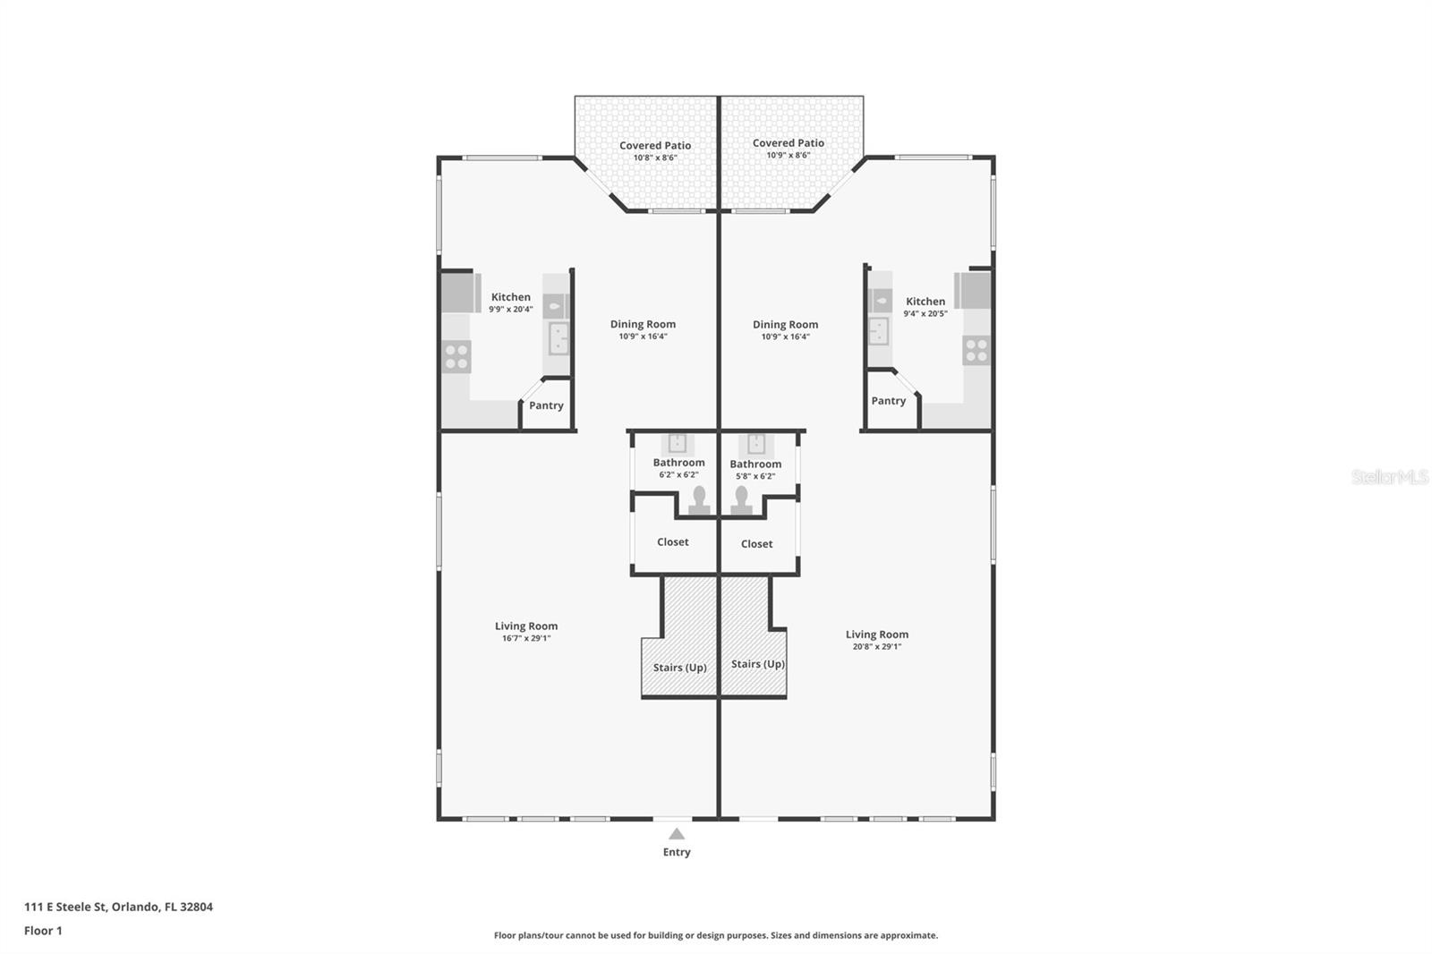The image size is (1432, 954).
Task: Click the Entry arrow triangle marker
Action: coord(677,834)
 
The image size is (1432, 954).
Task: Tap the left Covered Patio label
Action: coord(655,145)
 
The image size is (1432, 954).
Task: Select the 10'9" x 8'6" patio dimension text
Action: coord(788,155)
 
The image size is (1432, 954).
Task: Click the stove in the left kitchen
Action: coord(456,357)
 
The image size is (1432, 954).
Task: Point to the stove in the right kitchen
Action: coord(976,351)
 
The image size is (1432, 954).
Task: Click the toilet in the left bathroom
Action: coord(699,500)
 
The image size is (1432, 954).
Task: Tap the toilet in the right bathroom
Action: coord(742,500)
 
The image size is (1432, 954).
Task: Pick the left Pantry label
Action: coord(546,405)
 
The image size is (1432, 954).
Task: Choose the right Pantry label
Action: coord(889,401)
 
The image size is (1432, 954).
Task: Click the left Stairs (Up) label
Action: coord(679,668)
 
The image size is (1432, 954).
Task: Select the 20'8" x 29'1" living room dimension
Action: coord(877,646)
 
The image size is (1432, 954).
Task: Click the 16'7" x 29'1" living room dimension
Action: coord(526,638)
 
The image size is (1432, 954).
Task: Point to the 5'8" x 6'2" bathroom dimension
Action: coord(755,476)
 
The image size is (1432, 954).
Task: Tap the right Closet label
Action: coord(757,543)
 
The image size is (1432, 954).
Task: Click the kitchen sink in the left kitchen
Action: coord(558,338)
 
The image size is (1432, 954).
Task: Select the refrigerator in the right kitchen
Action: coord(972,290)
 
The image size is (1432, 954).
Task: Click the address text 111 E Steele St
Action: coord(65,907)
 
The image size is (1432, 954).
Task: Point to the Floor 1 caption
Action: coord(43,931)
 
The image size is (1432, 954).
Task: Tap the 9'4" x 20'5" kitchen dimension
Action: coord(925,313)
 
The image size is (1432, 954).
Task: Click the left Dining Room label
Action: coord(643,324)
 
